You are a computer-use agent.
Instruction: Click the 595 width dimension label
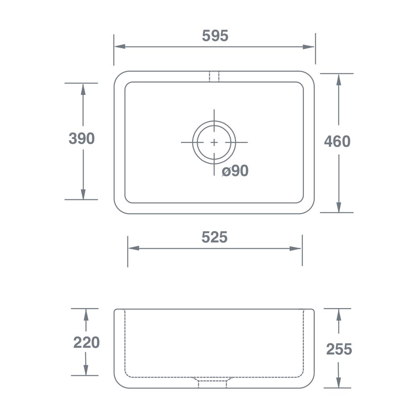tap(215, 36)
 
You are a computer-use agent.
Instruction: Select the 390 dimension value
tap(82, 138)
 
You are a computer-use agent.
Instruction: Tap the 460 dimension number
tap(337, 142)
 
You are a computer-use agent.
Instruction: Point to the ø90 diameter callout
tap(235, 171)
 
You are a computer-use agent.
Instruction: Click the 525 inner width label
tap(214, 237)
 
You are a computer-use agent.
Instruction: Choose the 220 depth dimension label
tap(87, 342)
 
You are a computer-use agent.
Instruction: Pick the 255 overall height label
tap(339, 349)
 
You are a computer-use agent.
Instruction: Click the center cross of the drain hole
tap(214, 143)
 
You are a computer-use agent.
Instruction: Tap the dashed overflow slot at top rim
tap(214, 76)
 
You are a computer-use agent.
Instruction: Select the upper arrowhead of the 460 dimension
tap(339, 79)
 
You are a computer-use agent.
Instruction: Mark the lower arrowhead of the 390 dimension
tap(83, 194)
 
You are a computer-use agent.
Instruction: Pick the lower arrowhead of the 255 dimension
tap(339, 382)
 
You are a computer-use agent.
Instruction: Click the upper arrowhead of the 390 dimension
tap(83, 89)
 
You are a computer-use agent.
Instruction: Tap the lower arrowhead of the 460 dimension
tap(339, 207)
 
